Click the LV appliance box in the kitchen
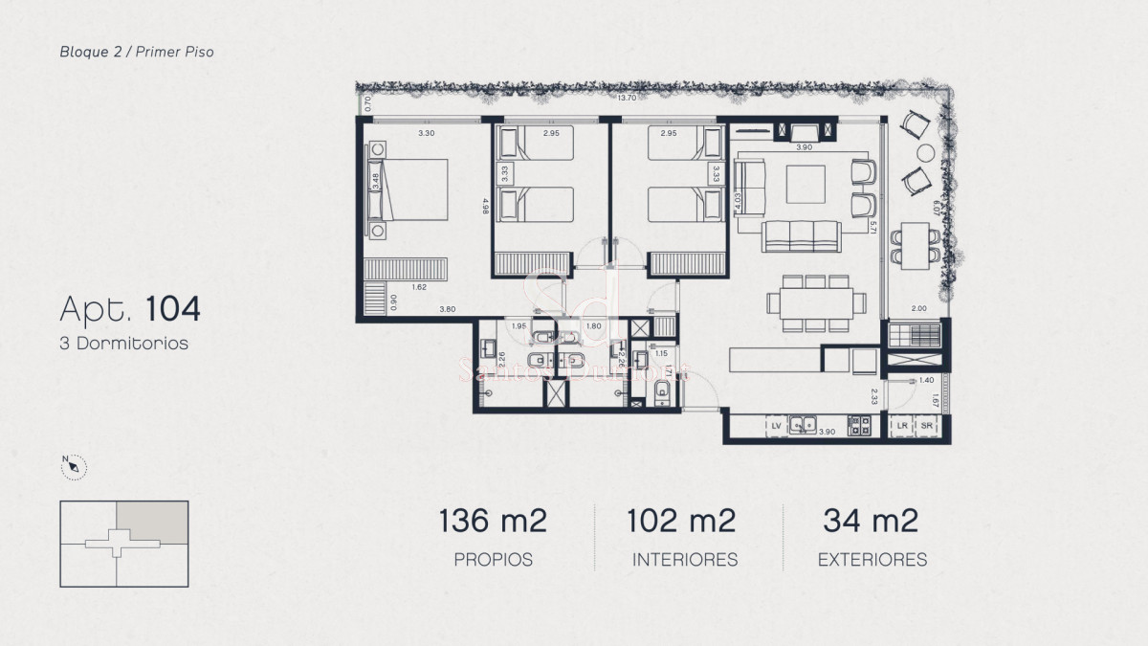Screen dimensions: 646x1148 (x=777, y=427)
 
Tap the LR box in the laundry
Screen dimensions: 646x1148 (x=901, y=427)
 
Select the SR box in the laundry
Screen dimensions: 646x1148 (x=926, y=427)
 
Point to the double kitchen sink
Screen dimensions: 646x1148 (x=804, y=427)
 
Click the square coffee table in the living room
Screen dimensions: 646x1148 (x=806, y=184)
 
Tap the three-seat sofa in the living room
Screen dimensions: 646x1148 (x=802, y=234)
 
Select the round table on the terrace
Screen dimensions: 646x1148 (x=925, y=152)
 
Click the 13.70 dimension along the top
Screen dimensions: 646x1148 (x=627, y=98)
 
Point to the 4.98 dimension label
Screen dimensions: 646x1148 (x=486, y=206)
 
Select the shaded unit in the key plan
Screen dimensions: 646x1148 (x=152, y=521)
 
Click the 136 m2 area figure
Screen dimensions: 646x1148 (x=493, y=522)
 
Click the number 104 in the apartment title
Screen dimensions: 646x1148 (x=173, y=309)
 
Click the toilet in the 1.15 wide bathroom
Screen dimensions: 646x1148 (x=662, y=397)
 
